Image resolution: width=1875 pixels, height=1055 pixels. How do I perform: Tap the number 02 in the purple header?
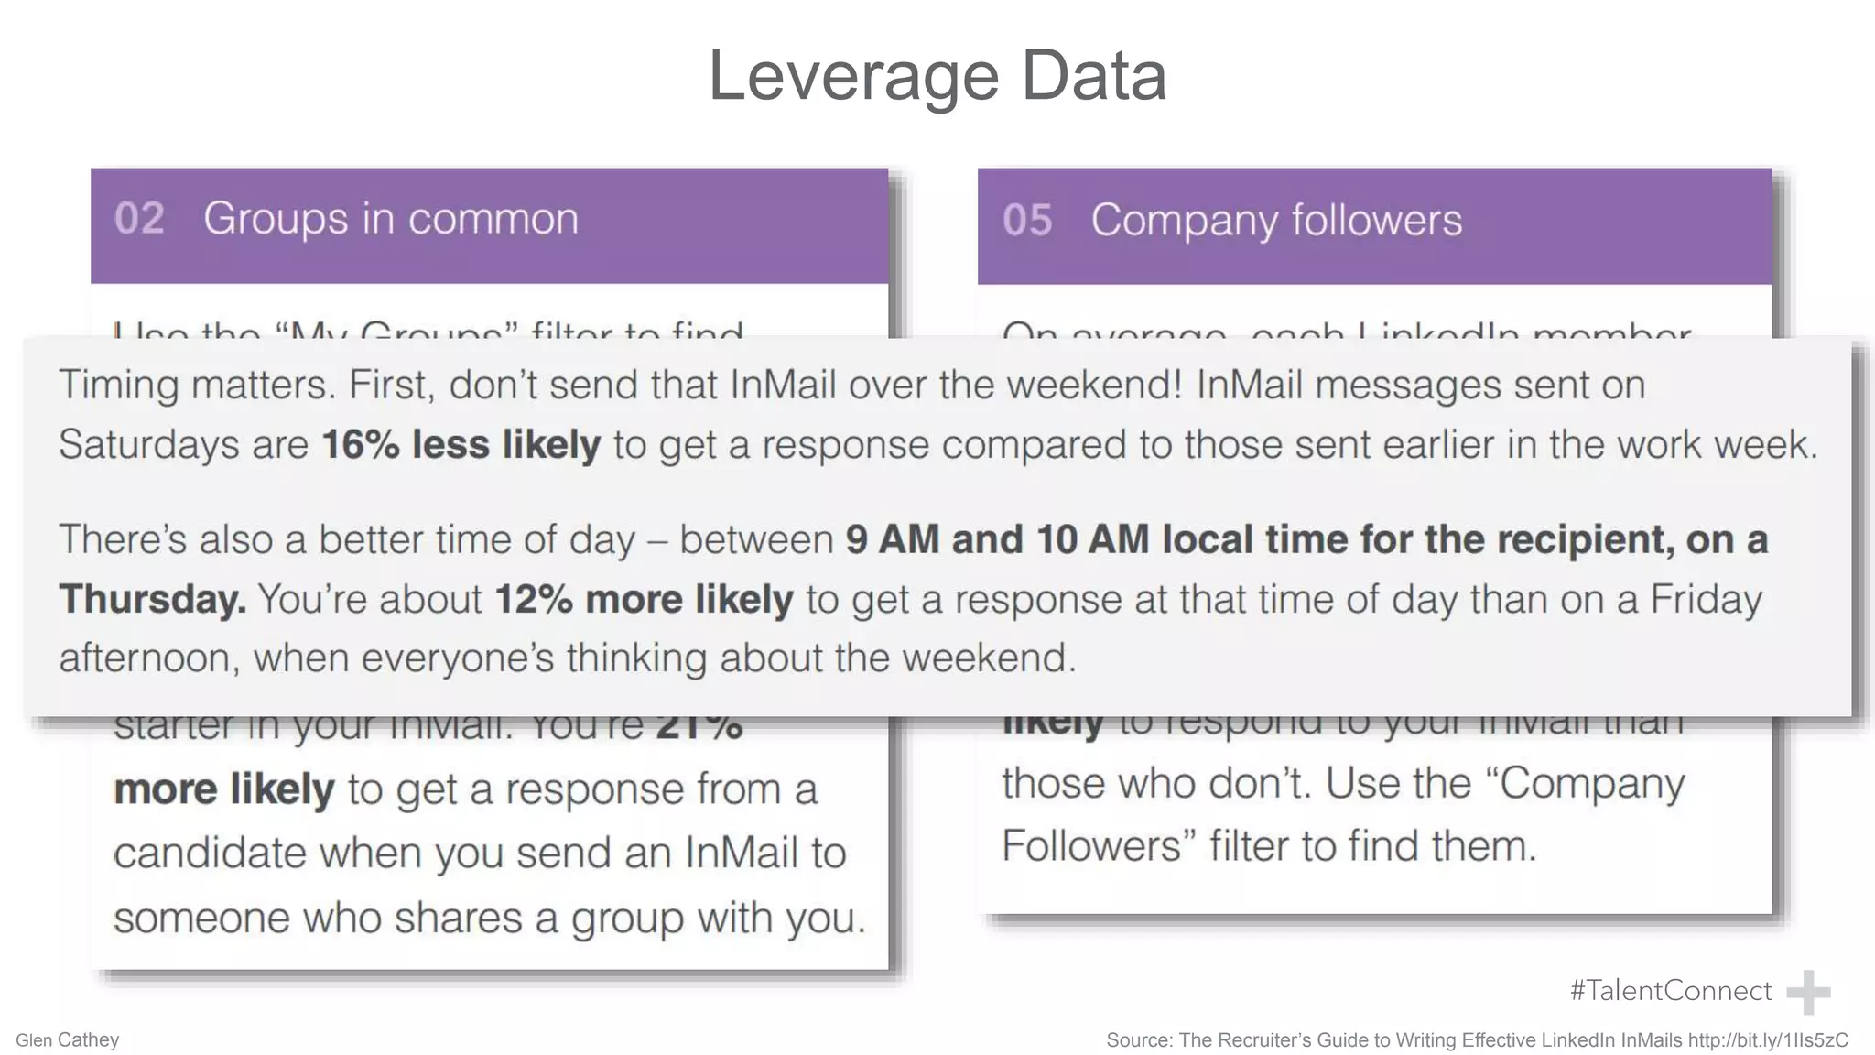click(139, 219)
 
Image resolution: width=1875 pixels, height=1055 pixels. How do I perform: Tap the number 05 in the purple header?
click(1027, 221)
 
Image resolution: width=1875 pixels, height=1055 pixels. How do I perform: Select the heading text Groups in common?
click(391, 219)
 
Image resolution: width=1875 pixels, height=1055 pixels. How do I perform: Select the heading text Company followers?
click(1276, 221)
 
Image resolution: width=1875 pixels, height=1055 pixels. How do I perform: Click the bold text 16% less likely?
click(461, 445)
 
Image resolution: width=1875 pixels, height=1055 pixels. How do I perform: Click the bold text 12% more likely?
click(644, 600)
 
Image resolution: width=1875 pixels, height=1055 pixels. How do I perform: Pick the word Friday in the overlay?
click(1706, 600)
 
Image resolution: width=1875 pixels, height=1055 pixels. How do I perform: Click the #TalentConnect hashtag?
click(1670, 990)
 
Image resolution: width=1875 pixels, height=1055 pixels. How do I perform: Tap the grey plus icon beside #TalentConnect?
click(1808, 993)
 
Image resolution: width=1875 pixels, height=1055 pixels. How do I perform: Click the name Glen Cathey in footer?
click(68, 1040)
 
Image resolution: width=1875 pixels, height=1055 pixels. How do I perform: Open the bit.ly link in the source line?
click(1767, 1040)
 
